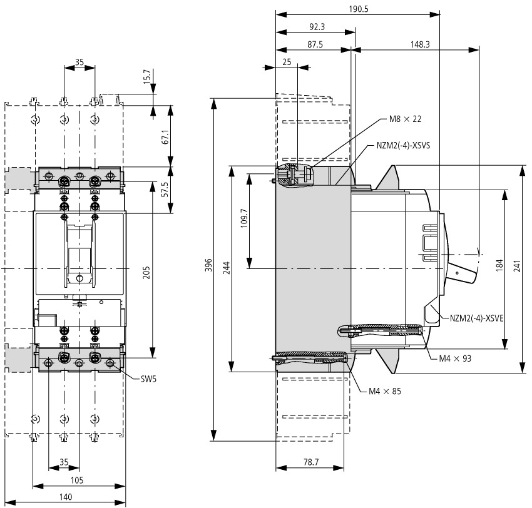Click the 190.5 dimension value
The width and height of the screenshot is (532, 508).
pos(358,9)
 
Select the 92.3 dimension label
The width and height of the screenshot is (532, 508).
pos(317,27)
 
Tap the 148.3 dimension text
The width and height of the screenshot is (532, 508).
pos(420,44)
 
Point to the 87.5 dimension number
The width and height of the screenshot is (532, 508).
pos(315,44)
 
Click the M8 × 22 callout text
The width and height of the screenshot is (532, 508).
pos(405,119)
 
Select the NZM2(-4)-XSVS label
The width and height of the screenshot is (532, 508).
pos(404,146)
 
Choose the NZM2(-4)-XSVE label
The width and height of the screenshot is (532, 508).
pos(477,318)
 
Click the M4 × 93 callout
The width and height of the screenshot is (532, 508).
pos(455,358)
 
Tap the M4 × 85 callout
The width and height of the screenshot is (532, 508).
pos(385,392)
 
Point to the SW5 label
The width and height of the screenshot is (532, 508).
pos(148,378)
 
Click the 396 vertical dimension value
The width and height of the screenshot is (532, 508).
pos(208,265)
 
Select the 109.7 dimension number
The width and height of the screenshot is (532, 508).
pos(244,218)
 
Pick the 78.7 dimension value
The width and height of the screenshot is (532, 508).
pos(311,462)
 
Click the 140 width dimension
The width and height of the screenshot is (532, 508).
pos(66,497)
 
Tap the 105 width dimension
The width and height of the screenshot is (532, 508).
pos(77,480)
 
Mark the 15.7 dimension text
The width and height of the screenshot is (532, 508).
pos(146,77)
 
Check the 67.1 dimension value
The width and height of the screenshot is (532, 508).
pos(165,136)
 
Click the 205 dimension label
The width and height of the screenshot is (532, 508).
pos(146,273)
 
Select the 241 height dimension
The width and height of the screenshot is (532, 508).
pos(517,267)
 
